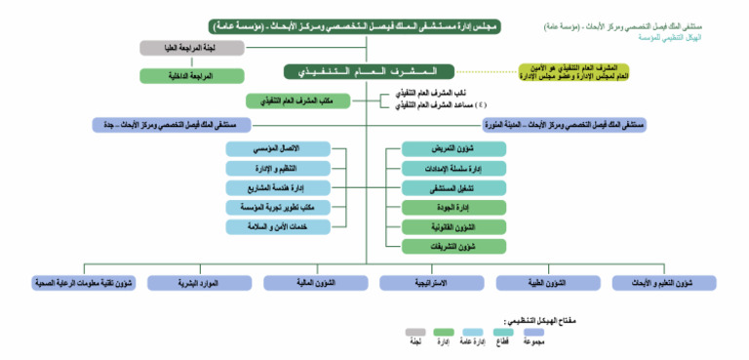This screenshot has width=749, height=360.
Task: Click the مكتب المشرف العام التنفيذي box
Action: [x=284, y=100]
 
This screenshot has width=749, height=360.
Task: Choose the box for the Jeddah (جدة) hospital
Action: [x=171, y=125]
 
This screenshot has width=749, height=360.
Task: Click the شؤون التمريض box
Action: [x=454, y=148]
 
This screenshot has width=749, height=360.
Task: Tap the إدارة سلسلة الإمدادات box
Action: [x=454, y=168]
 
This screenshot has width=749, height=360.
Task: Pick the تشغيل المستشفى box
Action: [x=454, y=187]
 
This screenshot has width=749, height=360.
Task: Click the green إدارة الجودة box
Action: [x=454, y=207]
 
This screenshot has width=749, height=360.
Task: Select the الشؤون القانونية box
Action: [x=454, y=226]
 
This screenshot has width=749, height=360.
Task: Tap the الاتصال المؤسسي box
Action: [x=277, y=148]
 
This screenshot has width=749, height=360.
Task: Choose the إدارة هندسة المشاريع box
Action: [x=277, y=187]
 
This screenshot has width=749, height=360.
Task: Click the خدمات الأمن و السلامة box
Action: [x=277, y=226]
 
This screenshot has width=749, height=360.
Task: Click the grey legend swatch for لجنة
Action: [x=416, y=333]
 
